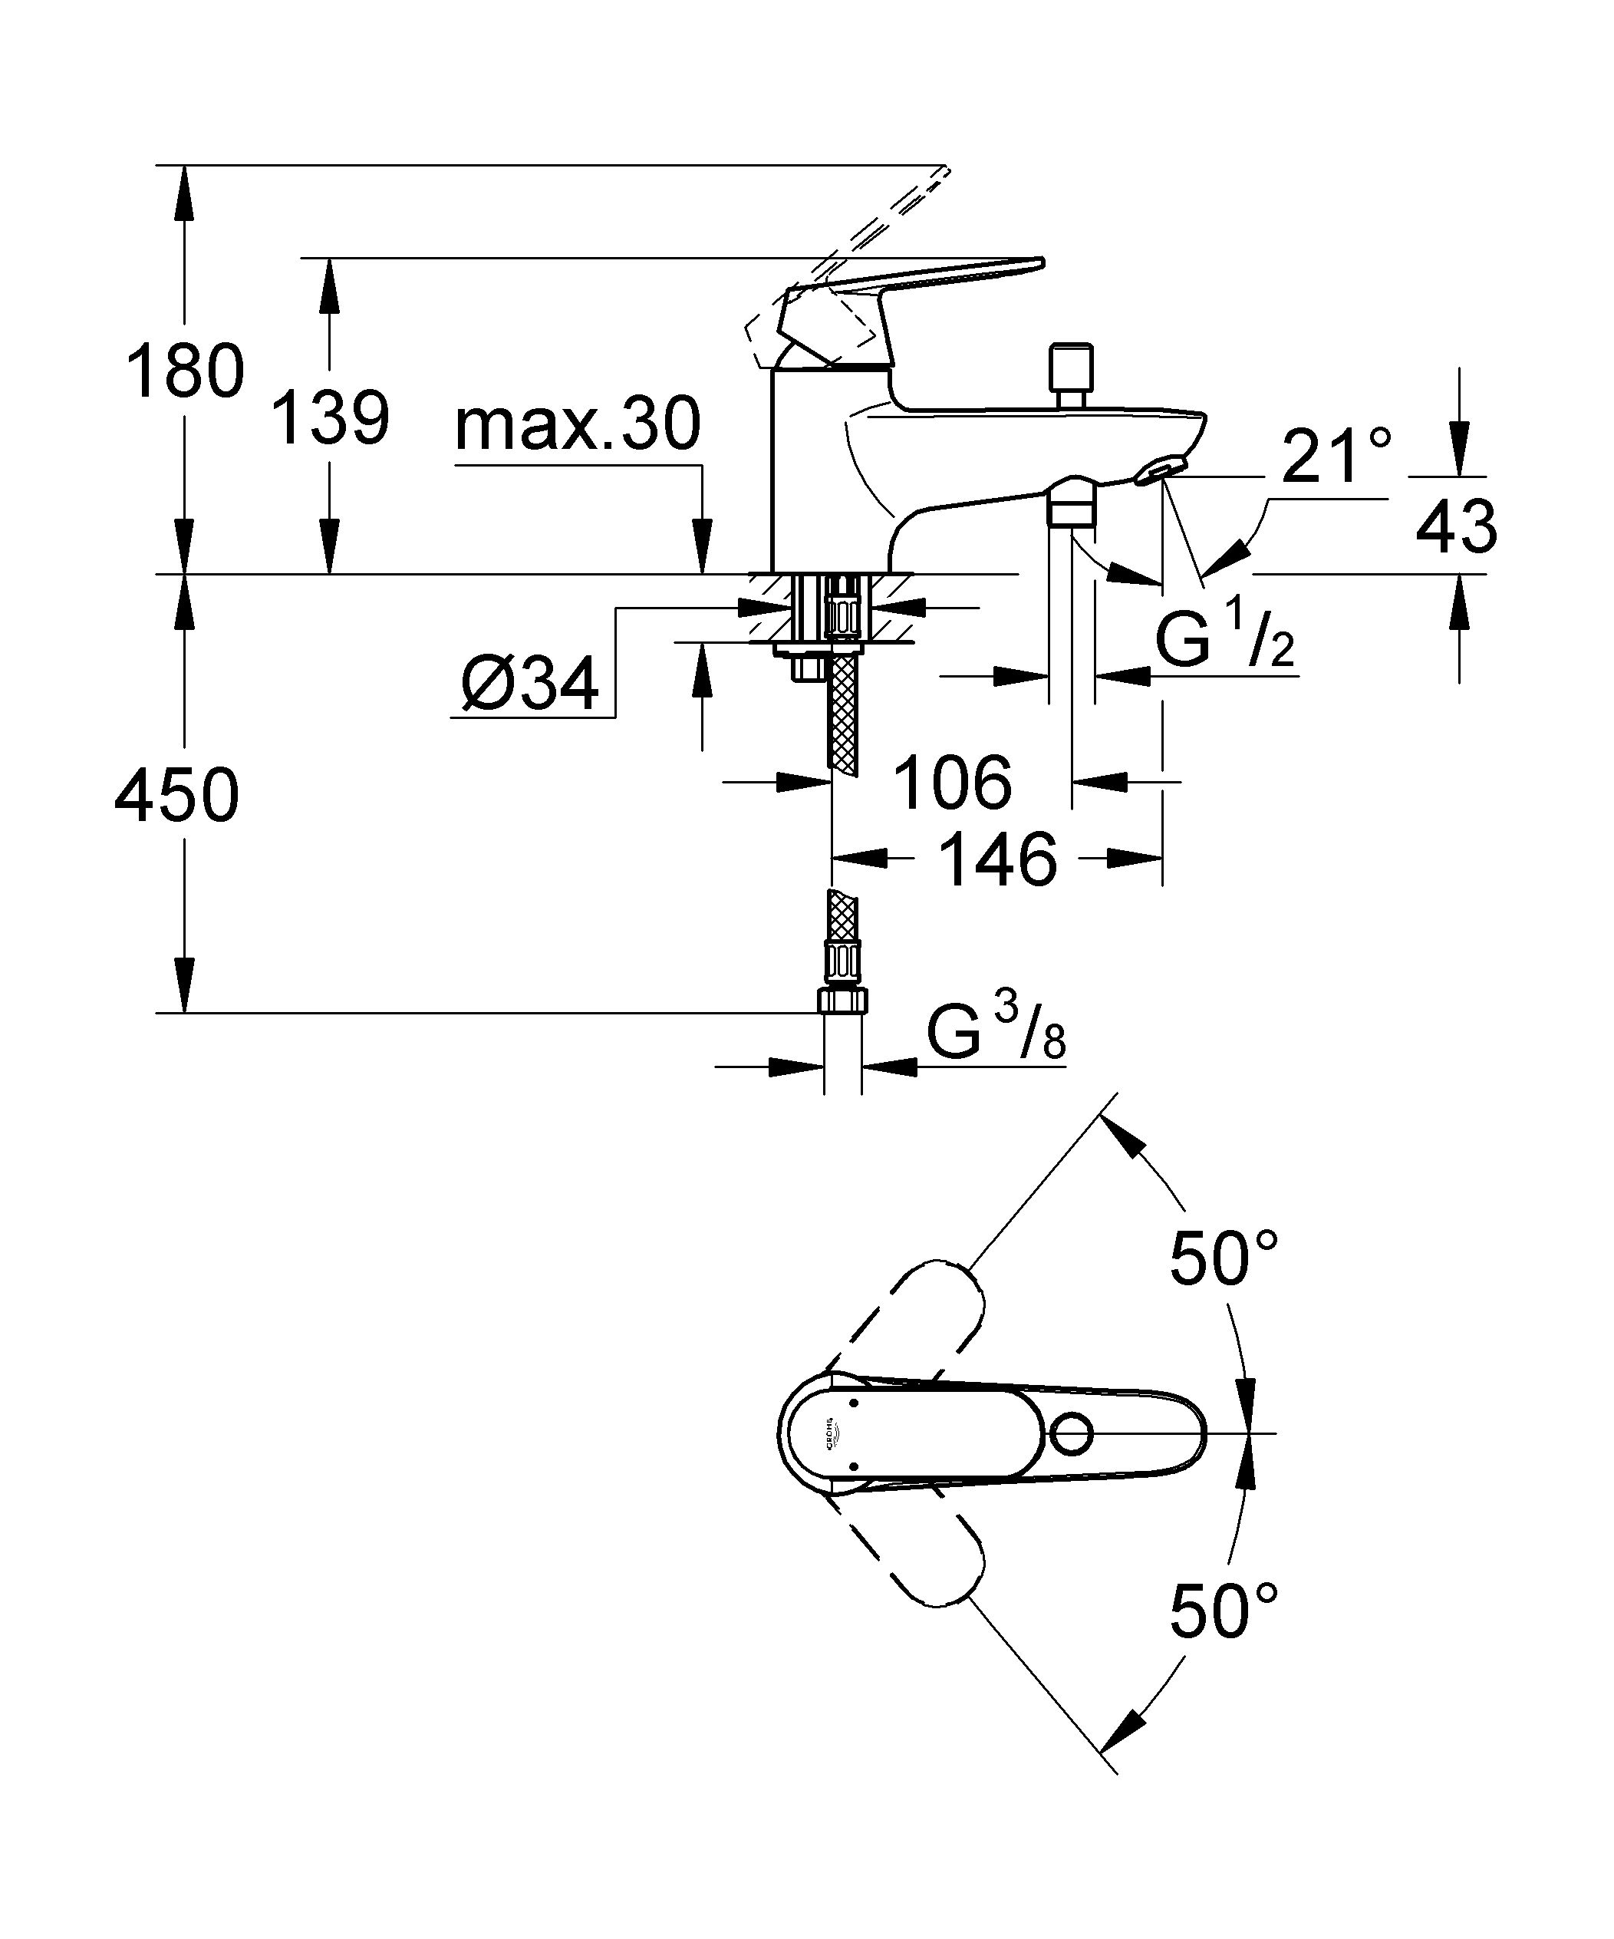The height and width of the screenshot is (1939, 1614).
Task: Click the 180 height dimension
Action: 185,371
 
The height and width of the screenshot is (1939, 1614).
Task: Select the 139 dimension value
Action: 330,418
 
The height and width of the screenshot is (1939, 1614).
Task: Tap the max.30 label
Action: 578,425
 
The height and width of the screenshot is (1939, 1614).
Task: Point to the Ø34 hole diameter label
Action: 530,685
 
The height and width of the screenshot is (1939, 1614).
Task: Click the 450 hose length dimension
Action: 176,795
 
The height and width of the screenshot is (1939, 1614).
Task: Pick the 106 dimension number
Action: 952,783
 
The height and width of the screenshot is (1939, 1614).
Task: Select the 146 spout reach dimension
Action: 997,859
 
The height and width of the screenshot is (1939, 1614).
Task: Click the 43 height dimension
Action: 1456,527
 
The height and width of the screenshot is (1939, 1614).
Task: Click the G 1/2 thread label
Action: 1224,641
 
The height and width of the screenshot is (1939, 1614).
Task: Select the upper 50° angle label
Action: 1224,1258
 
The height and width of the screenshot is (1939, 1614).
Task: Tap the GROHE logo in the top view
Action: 830,1434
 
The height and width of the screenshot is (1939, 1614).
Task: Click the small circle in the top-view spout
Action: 1072,1434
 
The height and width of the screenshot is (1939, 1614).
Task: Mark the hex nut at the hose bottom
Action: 842,1000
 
